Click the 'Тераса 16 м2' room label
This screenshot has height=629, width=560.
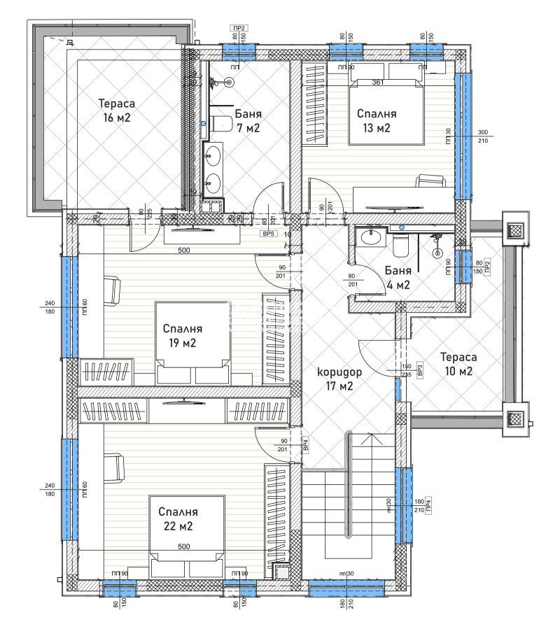pos(116,111)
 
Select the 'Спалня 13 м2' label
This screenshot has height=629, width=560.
pos(377,120)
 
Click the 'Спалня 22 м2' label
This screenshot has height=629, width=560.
pos(178,518)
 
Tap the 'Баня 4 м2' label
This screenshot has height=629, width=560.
pos(393,278)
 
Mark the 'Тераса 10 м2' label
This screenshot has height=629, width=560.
pos(456,364)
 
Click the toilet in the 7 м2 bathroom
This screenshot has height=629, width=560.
pos(221,124)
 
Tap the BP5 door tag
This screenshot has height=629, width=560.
pos(267,234)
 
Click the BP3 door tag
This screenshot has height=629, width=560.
pos(419,370)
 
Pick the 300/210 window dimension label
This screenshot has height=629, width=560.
pos(482,136)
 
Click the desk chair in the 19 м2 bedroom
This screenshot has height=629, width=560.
pos(112,287)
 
